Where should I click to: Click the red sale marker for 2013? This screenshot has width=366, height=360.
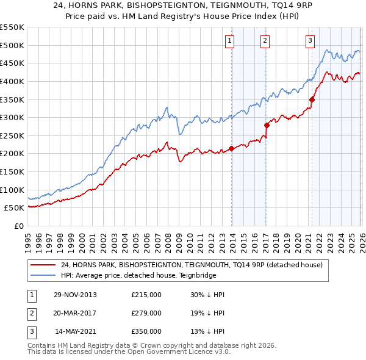tap(231, 148)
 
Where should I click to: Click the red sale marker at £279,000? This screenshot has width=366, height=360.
tap(267, 125)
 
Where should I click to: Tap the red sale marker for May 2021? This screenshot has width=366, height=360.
tap(312, 99)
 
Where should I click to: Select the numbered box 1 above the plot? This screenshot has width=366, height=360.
tap(230, 41)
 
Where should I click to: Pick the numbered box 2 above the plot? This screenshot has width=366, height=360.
tap(265, 41)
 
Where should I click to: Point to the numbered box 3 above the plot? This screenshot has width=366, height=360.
tap(310, 41)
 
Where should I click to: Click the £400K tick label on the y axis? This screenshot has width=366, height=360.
tap(12, 81)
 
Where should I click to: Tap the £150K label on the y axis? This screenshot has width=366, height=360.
tap(12, 171)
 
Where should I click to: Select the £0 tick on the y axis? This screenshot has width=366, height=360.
tap(18, 226)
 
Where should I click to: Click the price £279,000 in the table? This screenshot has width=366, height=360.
tap(146, 313)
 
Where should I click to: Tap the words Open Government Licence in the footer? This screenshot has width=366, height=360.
tap(168, 352)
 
